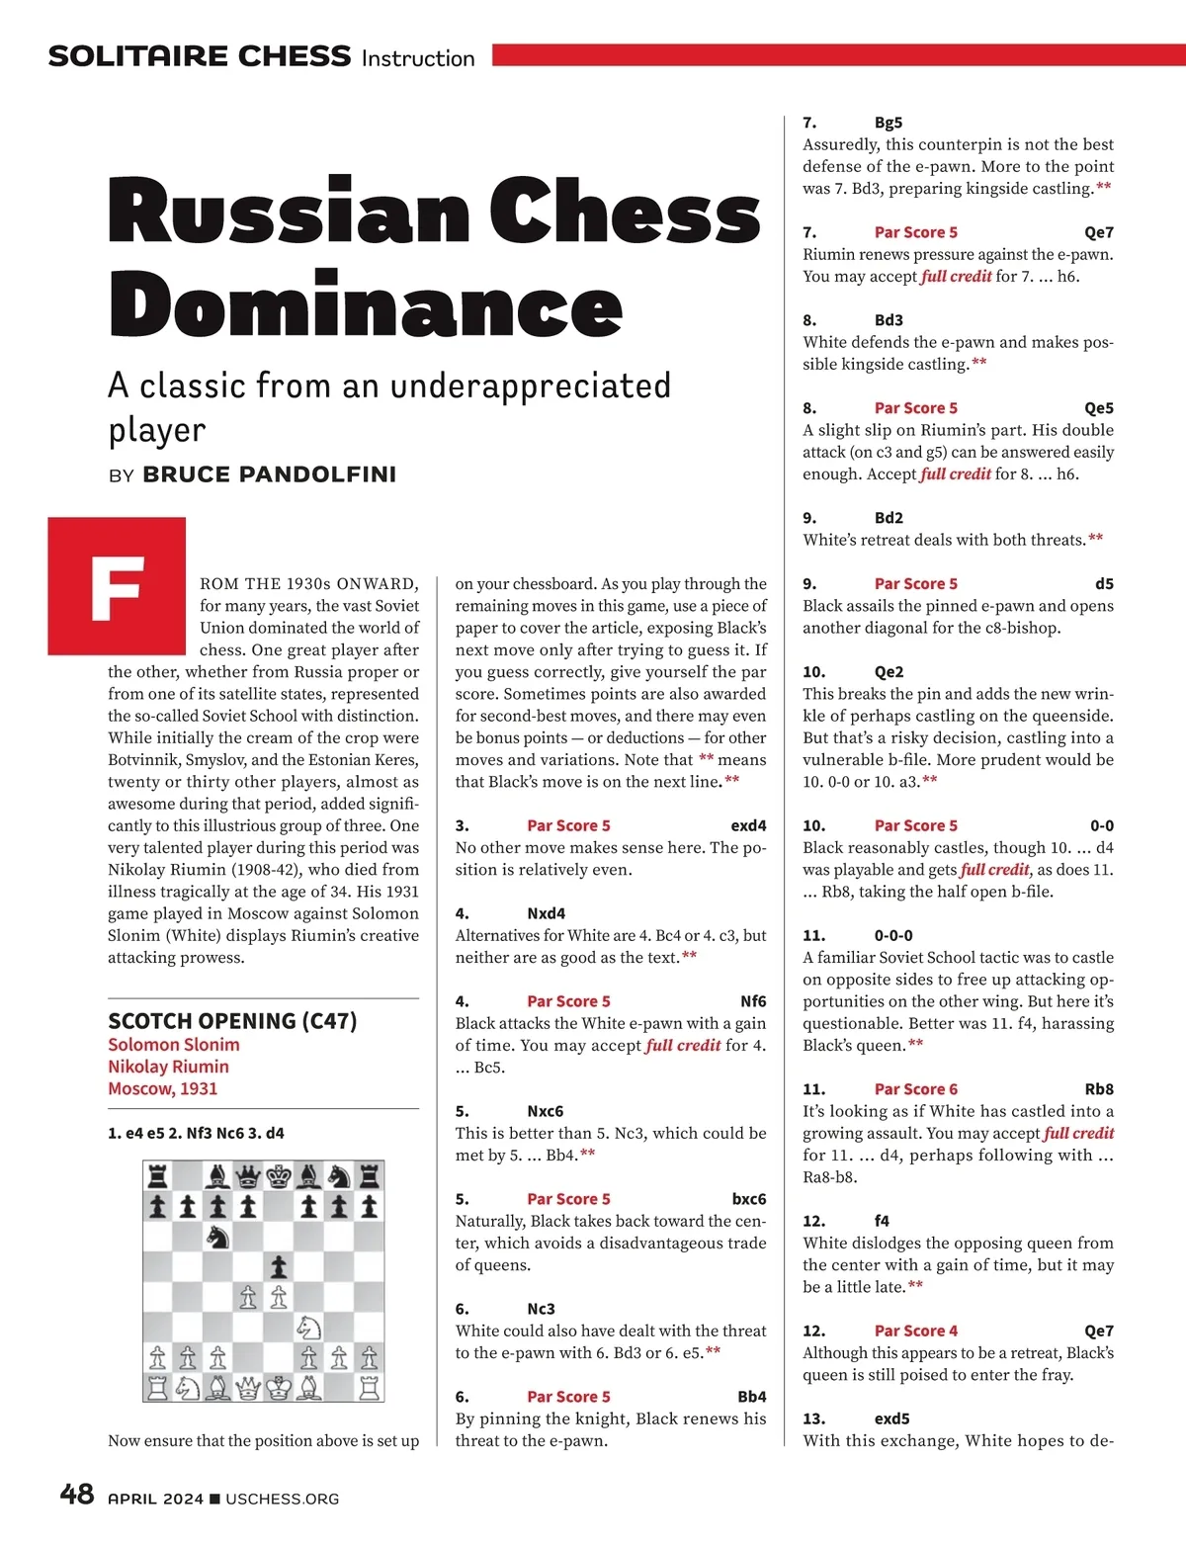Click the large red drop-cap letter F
pyautogui.click(x=117, y=587)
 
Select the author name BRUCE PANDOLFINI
pyautogui.click(x=269, y=474)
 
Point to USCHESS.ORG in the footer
pyautogui.click(x=282, y=1499)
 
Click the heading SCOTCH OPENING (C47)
pyautogui.click(x=232, y=1021)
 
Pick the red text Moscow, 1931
pyautogui.click(x=163, y=1088)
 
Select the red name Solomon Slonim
pyautogui.click(x=174, y=1045)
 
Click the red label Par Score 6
pyautogui.click(x=915, y=1089)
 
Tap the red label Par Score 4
pyautogui.click(x=915, y=1331)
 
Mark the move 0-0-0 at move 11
pyautogui.click(x=893, y=935)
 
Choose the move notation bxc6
pyautogui.click(x=749, y=1199)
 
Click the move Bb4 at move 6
pyautogui.click(x=751, y=1397)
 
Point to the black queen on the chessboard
pyautogui.click(x=248, y=1176)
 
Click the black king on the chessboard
pyautogui.click(x=279, y=1176)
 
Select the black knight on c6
pyautogui.click(x=217, y=1237)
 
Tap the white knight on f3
pyautogui.click(x=308, y=1327)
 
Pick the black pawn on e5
pyautogui.click(x=279, y=1266)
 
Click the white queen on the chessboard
pyautogui.click(x=248, y=1387)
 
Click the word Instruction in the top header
pyautogui.click(x=418, y=58)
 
